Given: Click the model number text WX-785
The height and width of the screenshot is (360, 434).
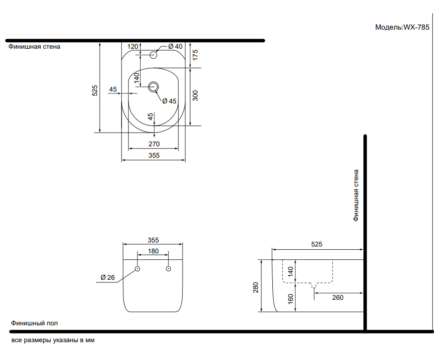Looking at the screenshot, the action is point(416,27).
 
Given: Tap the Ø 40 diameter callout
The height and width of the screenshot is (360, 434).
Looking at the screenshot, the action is point(175,46).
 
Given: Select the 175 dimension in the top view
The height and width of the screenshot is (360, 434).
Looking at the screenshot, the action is point(195,55).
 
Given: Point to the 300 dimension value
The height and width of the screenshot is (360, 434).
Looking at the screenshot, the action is point(195,96).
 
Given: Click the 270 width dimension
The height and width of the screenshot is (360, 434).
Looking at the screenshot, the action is point(154,144).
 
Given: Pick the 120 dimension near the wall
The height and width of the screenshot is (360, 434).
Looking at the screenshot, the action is point(133,46).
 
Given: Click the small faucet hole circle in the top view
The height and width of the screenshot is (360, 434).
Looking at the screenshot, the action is point(153,55).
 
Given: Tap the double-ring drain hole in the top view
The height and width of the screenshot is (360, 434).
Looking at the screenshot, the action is point(153,87).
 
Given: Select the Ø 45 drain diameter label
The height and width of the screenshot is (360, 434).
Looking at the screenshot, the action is point(169,101).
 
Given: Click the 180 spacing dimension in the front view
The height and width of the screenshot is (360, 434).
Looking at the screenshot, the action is point(153,251).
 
